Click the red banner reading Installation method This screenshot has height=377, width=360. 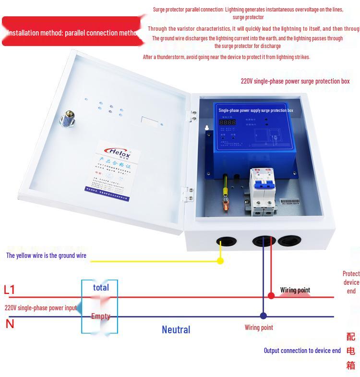pos(72,32)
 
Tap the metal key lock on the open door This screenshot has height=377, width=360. pos(67,118)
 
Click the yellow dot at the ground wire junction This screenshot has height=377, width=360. pos(220,261)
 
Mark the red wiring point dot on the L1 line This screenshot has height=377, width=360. pos(271,296)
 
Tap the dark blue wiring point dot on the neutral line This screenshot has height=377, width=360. pos(263,316)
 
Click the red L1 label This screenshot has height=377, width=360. pos(10,290)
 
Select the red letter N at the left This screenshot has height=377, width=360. pos(10,324)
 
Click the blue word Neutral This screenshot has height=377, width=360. pos(176,329)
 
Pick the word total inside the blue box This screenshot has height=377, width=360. pos(101,287)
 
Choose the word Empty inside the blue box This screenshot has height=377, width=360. pos(101,316)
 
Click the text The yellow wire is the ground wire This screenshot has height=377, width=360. pos(47,255)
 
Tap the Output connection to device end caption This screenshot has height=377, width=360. pos(302,351)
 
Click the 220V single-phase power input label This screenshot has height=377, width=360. pos(41,307)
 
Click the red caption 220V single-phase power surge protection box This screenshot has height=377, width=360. pos(295,81)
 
